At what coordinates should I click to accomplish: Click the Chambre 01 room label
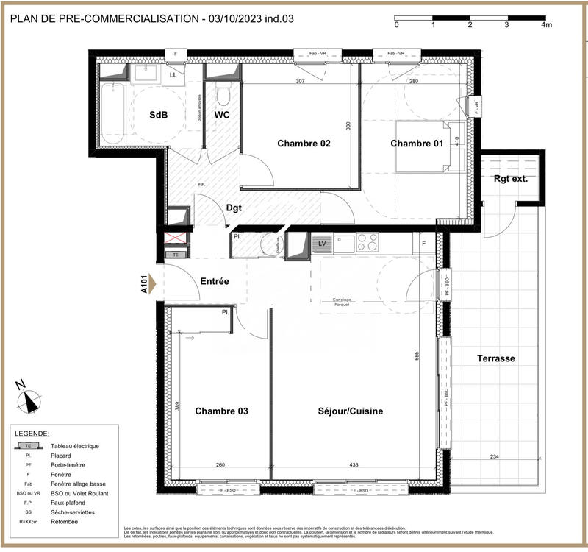(416, 144)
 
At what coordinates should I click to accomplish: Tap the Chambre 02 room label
(304, 144)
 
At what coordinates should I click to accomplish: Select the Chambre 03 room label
(221, 411)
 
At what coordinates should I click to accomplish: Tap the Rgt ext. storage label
(510, 178)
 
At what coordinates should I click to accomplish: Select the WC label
(223, 116)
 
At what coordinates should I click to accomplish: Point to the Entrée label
(215, 281)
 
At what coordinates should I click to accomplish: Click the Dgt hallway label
(234, 208)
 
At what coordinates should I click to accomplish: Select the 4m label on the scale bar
(545, 25)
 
